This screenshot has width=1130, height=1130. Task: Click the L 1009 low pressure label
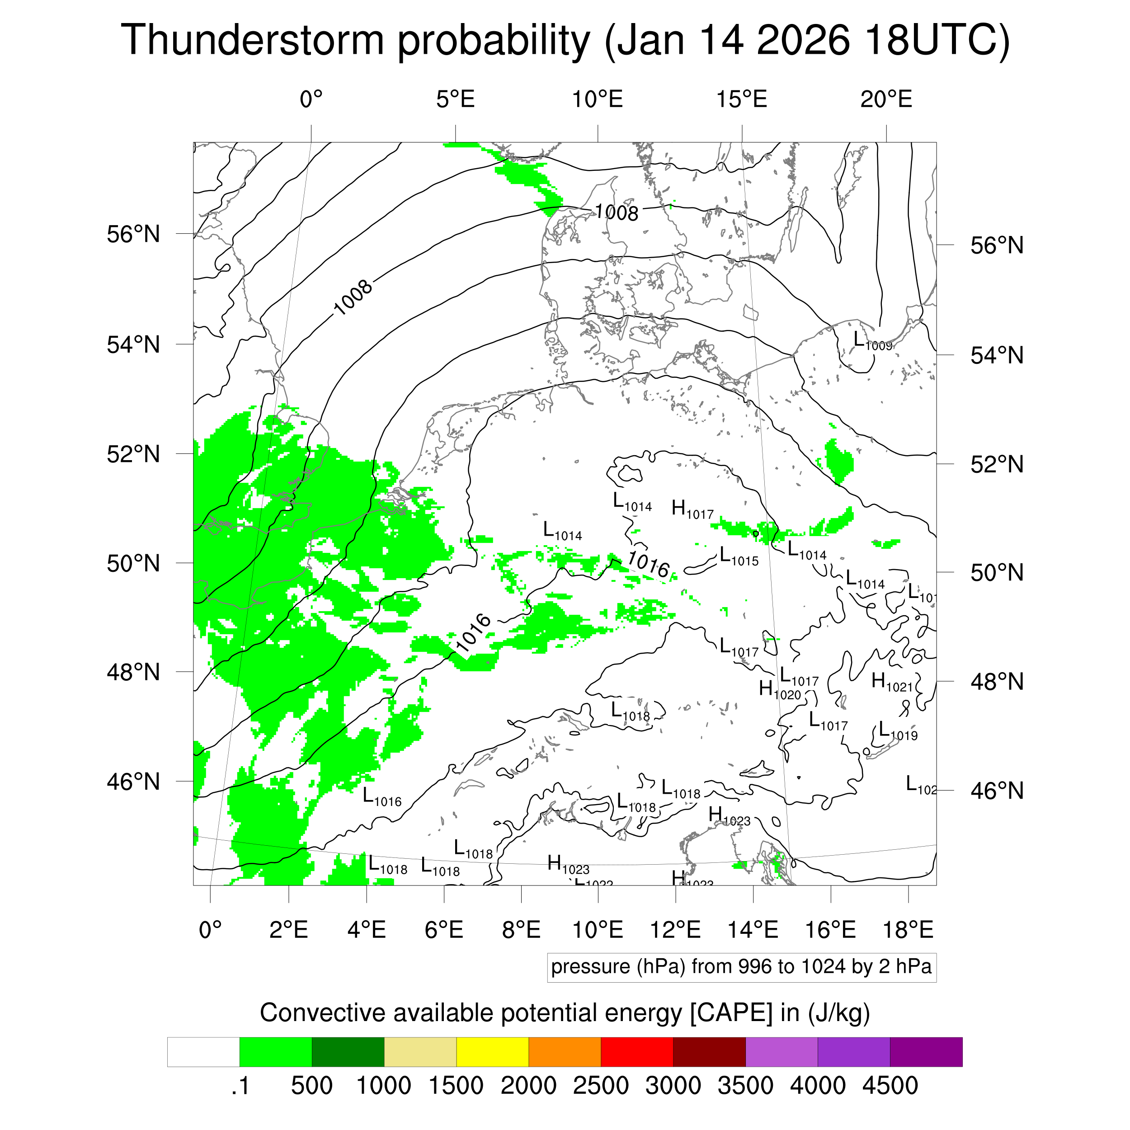pyautogui.click(x=871, y=341)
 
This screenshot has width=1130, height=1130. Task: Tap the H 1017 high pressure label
pyautogui.click(x=692, y=509)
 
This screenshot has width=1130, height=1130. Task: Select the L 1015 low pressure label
pyautogui.click(x=738, y=556)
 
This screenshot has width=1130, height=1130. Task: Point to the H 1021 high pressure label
pyautogui.click(x=891, y=682)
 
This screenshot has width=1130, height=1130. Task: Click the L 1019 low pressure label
pyautogui.click(x=898, y=731)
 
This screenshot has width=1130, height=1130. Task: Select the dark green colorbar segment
pyautogui.click(x=348, y=1052)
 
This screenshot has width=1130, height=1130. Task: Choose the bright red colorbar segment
pyautogui.click(x=637, y=1052)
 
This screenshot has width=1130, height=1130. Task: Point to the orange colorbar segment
pyautogui.click(x=565, y=1052)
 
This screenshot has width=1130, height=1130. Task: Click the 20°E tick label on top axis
pyautogui.click(x=885, y=100)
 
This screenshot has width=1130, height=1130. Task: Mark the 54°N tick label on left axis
pyautogui.click(x=133, y=344)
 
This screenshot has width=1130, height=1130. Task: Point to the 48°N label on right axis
pyautogui.click(x=997, y=682)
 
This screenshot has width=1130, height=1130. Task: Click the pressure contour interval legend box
pyautogui.click(x=741, y=967)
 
